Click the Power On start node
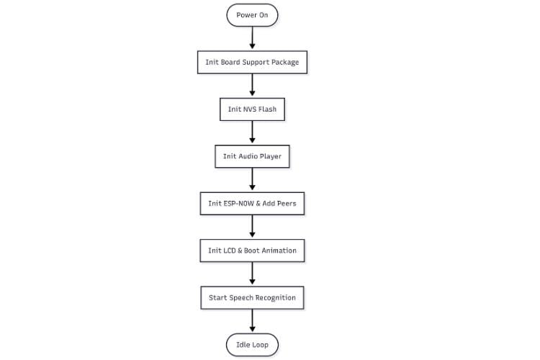click(x=252, y=15)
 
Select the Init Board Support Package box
click(x=252, y=62)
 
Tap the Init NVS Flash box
click(x=252, y=109)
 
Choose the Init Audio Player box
click(x=252, y=156)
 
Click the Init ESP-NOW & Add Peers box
click(x=252, y=204)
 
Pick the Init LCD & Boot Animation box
click(x=252, y=251)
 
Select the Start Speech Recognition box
click(x=252, y=297)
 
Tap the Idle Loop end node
click(x=252, y=345)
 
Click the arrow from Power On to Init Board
click(x=252, y=38)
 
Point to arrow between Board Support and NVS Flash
click(x=252, y=86)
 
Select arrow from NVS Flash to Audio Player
click(x=252, y=132)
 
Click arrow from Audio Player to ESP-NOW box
click(x=252, y=180)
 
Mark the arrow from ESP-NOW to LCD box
click(x=252, y=227)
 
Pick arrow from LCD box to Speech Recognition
click(x=252, y=274)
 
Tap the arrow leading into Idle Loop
click(x=252, y=321)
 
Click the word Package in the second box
click(x=284, y=62)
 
